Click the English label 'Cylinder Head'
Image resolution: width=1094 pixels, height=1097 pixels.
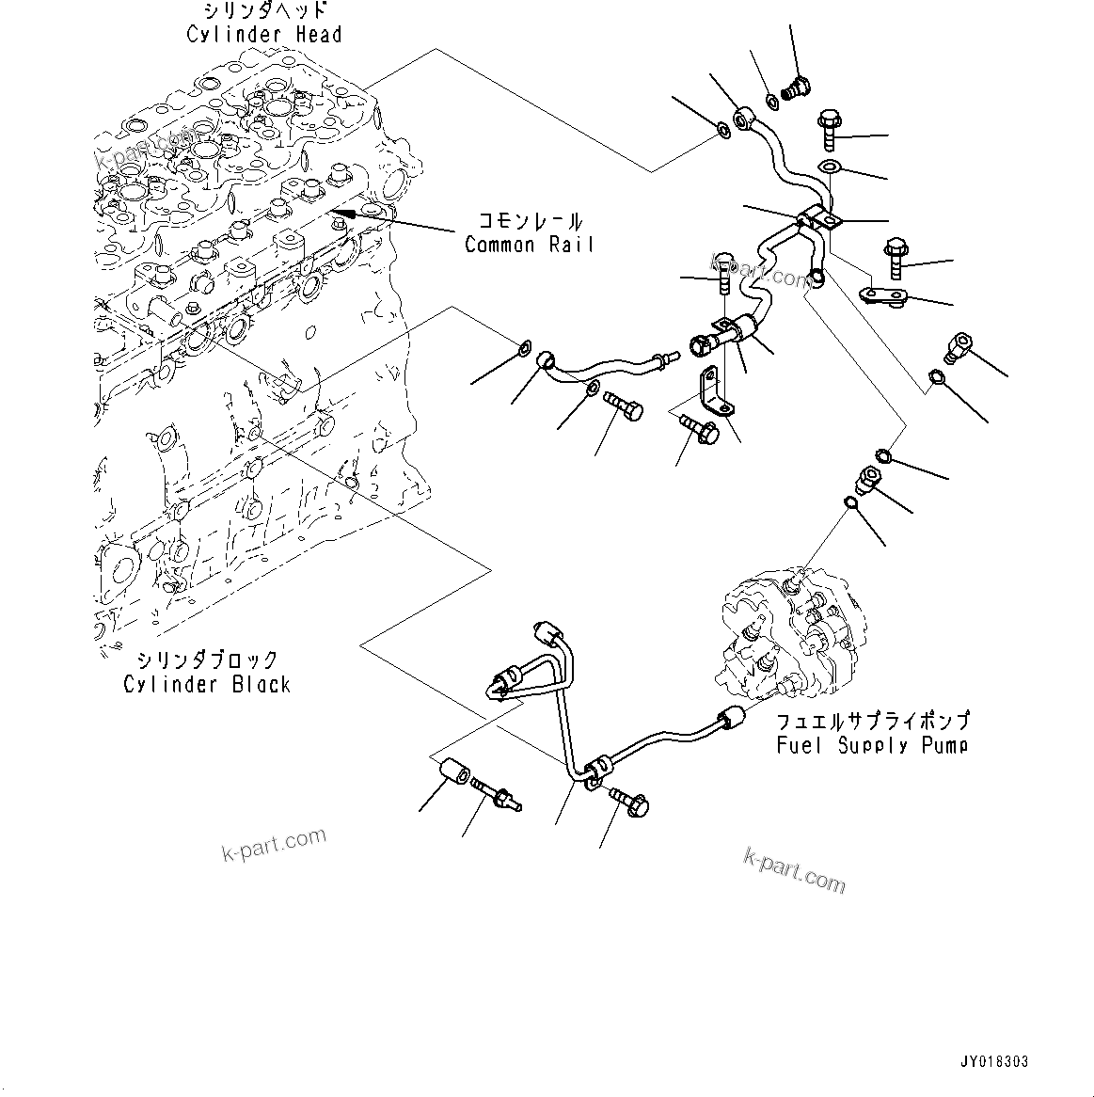click(x=263, y=35)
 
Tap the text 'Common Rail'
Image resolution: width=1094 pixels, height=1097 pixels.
click(x=530, y=245)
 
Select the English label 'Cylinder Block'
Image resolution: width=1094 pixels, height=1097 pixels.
click(x=207, y=684)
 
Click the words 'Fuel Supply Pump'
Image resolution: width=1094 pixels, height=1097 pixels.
click(x=872, y=745)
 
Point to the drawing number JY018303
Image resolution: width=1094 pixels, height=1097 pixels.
click(x=994, y=1061)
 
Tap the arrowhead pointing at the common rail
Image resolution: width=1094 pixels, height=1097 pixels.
click(x=350, y=215)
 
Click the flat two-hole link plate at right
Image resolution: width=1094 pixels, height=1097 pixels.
click(x=882, y=296)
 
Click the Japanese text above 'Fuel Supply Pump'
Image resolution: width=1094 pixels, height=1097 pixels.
click(x=872, y=722)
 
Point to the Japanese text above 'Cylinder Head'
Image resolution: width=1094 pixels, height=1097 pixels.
click(x=264, y=11)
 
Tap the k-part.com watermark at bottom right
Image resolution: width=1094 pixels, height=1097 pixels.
click(x=795, y=870)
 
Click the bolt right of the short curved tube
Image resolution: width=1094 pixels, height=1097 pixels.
click(x=623, y=407)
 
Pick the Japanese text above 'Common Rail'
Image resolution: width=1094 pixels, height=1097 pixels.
click(x=530, y=222)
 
